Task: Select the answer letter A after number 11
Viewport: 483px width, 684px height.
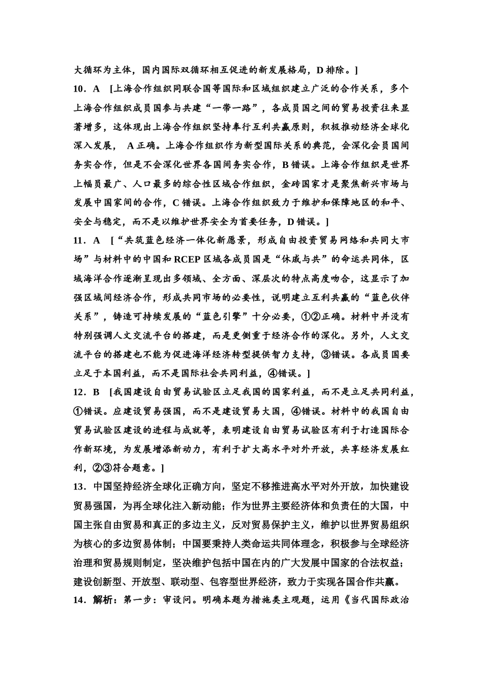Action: [97, 240]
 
